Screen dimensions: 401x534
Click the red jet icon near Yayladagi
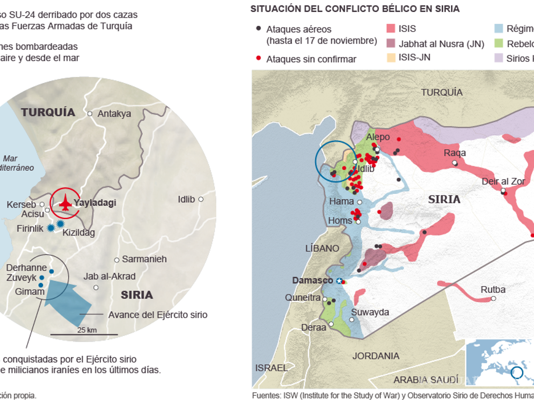[65, 202]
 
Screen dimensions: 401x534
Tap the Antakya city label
[114, 114]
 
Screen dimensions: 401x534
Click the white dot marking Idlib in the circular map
[201, 199]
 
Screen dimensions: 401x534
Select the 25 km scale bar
[84, 334]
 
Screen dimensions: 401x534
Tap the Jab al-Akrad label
[109, 277]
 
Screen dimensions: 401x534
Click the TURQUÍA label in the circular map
[48, 112]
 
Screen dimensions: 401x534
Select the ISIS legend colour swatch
[390, 29]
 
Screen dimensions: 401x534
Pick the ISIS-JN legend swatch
[390, 57]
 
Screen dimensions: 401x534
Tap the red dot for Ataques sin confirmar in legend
[259, 58]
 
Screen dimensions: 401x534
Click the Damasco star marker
[340, 281]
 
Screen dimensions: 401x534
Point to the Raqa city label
[455, 153]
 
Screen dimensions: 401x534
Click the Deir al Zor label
[503, 181]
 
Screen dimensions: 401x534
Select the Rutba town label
[493, 290]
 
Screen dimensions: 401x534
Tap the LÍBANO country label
[322, 248]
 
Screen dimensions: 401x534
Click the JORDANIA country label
[376, 356]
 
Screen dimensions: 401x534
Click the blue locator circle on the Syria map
[334, 160]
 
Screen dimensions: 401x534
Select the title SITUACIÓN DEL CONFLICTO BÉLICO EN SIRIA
[355, 8]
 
